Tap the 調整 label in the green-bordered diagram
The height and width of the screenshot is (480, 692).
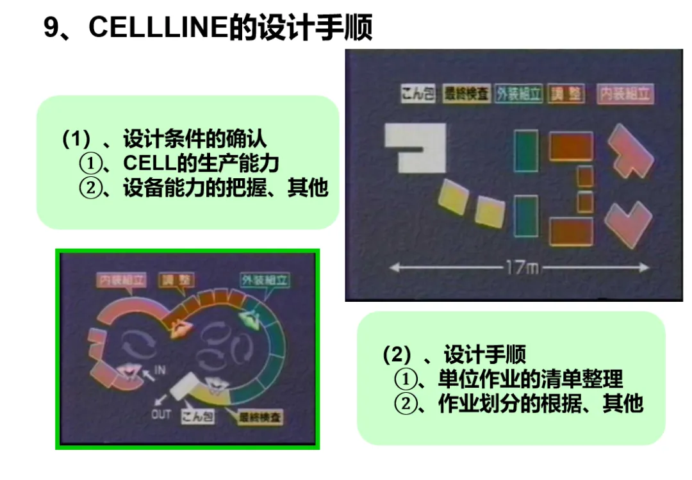point(176,280)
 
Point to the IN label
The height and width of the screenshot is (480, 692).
point(160,370)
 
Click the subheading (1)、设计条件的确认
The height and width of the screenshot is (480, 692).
point(163,138)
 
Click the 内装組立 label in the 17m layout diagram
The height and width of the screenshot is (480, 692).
point(624,94)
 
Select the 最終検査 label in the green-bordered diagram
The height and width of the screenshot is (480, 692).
point(259,418)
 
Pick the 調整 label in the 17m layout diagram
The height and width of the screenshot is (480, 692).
point(566,94)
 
